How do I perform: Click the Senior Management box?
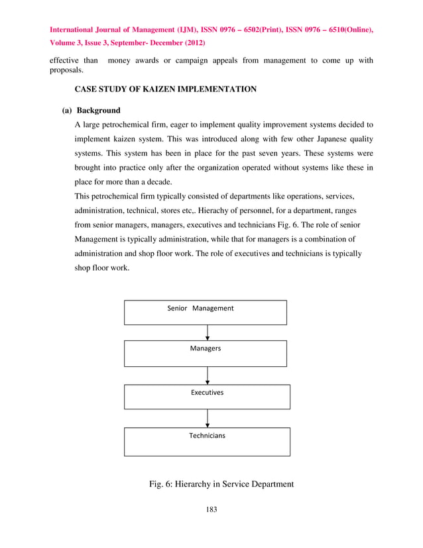pyautogui.click(x=206, y=312)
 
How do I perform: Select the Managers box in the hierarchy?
pyautogui.click(x=206, y=353)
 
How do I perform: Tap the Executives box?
pyautogui.click(x=207, y=396)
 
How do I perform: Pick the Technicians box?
pyautogui.click(x=207, y=441)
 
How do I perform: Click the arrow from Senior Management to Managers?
pyautogui.click(x=208, y=332)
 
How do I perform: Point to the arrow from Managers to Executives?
pyautogui.click(x=208, y=376)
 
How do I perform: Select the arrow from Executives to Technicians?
pyautogui.click(x=208, y=418)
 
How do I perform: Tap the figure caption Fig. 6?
pyautogui.click(x=221, y=484)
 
